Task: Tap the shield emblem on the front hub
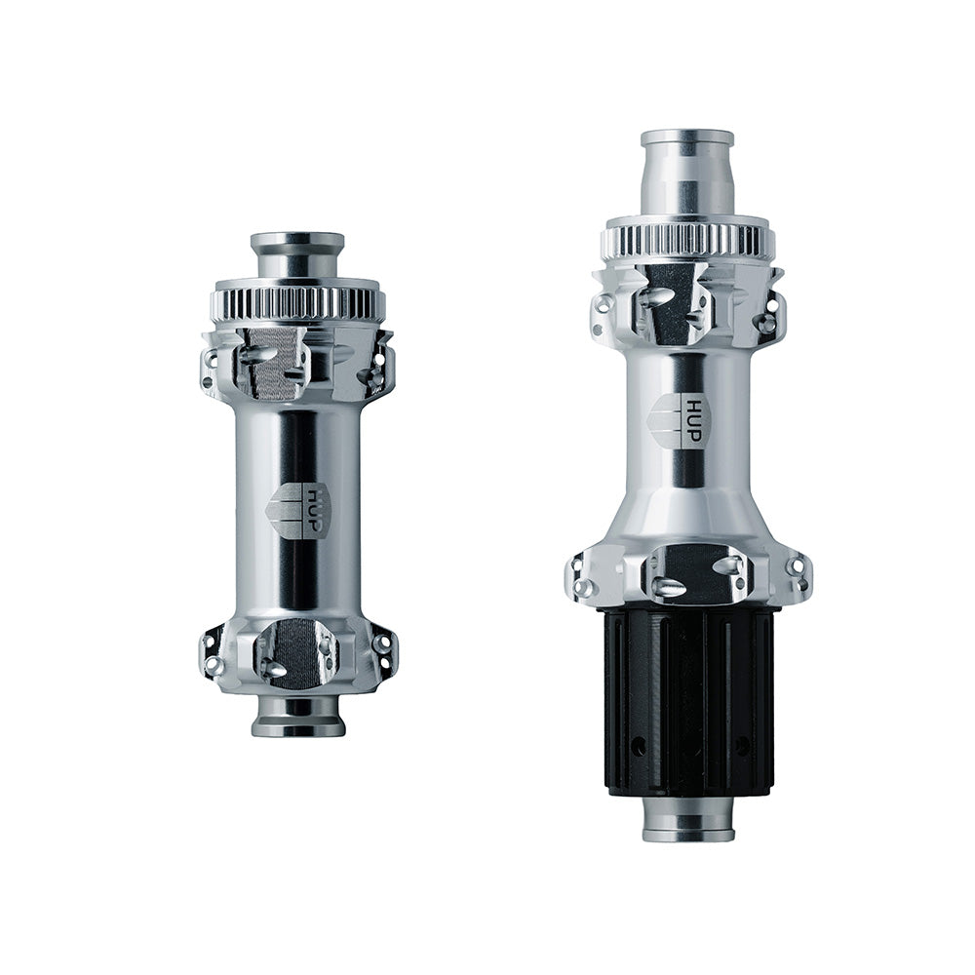[x=285, y=510]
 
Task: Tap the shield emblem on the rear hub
[x=668, y=420]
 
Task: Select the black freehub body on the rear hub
[x=689, y=703]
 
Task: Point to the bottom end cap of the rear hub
[x=687, y=820]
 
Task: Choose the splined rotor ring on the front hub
[x=297, y=303]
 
